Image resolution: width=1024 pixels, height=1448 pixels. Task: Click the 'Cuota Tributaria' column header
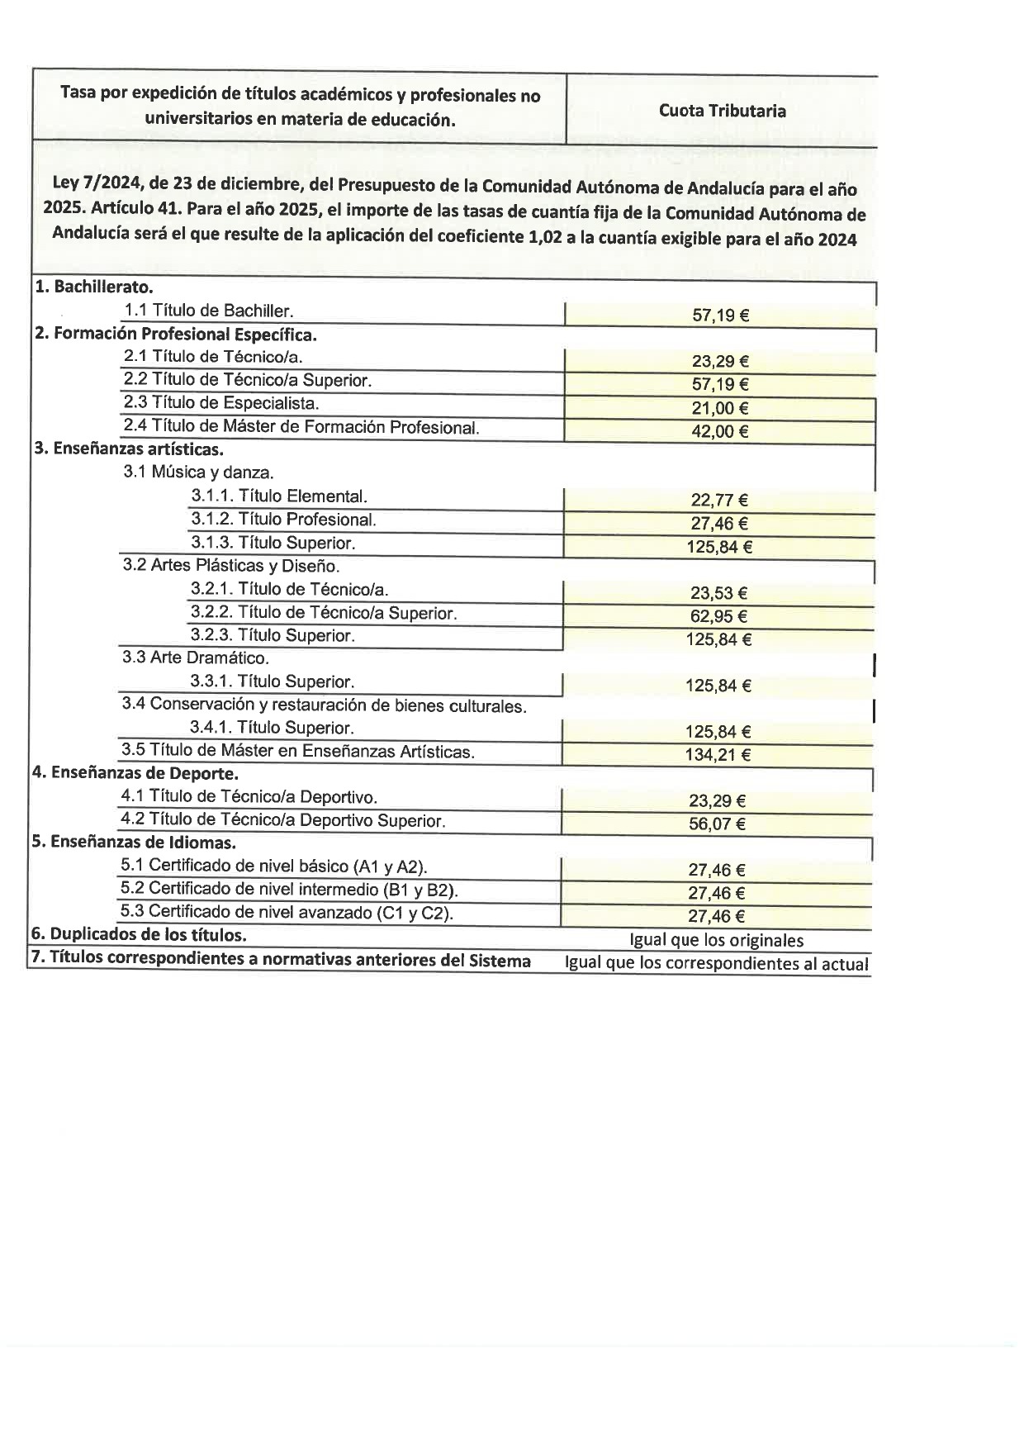pyautogui.click(x=722, y=111)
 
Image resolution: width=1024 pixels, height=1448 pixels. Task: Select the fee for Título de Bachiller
pyautogui.click(x=720, y=315)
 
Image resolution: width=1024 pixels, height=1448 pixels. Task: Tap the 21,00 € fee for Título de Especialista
pyautogui.click(x=719, y=408)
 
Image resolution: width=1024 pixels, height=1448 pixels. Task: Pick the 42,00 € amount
pyautogui.click(x=719, y=431)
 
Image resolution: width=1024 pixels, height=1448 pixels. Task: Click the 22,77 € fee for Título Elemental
pyautogui.click(x=719, y=500)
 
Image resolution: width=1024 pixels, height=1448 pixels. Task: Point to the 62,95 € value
pyautogui.click(x=718, y=616)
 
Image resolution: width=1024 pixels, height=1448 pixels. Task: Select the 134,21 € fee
pyautogui.click(x=718, y=754)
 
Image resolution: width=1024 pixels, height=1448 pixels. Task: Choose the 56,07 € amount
pyautogui.click(x=717, y=824)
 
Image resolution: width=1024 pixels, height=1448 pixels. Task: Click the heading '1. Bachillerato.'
pyautogui.click(x=94, y=287)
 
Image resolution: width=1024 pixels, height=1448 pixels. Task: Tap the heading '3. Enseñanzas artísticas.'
pyautogui.click(x=129, y=449)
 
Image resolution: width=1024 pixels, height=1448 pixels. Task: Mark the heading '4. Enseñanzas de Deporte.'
pyautogui.click(x=135, y=773)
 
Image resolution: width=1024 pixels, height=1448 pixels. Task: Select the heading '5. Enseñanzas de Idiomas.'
pyautogui.click(x=134, y=843)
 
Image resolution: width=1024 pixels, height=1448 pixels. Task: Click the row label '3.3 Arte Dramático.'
pyautogui.click(x=196, y=658)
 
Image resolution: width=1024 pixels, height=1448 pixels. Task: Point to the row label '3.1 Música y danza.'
pyautogui.click(x=198, y=472)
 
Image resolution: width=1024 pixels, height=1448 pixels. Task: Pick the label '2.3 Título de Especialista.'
pyautogui.click(x=220, y=403)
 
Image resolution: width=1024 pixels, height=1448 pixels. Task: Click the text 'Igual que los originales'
pyautogui.click(x=716, y=940)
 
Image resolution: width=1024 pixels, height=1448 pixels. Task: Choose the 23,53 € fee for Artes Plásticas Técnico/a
pyautogui.click(x=718, y=593)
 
